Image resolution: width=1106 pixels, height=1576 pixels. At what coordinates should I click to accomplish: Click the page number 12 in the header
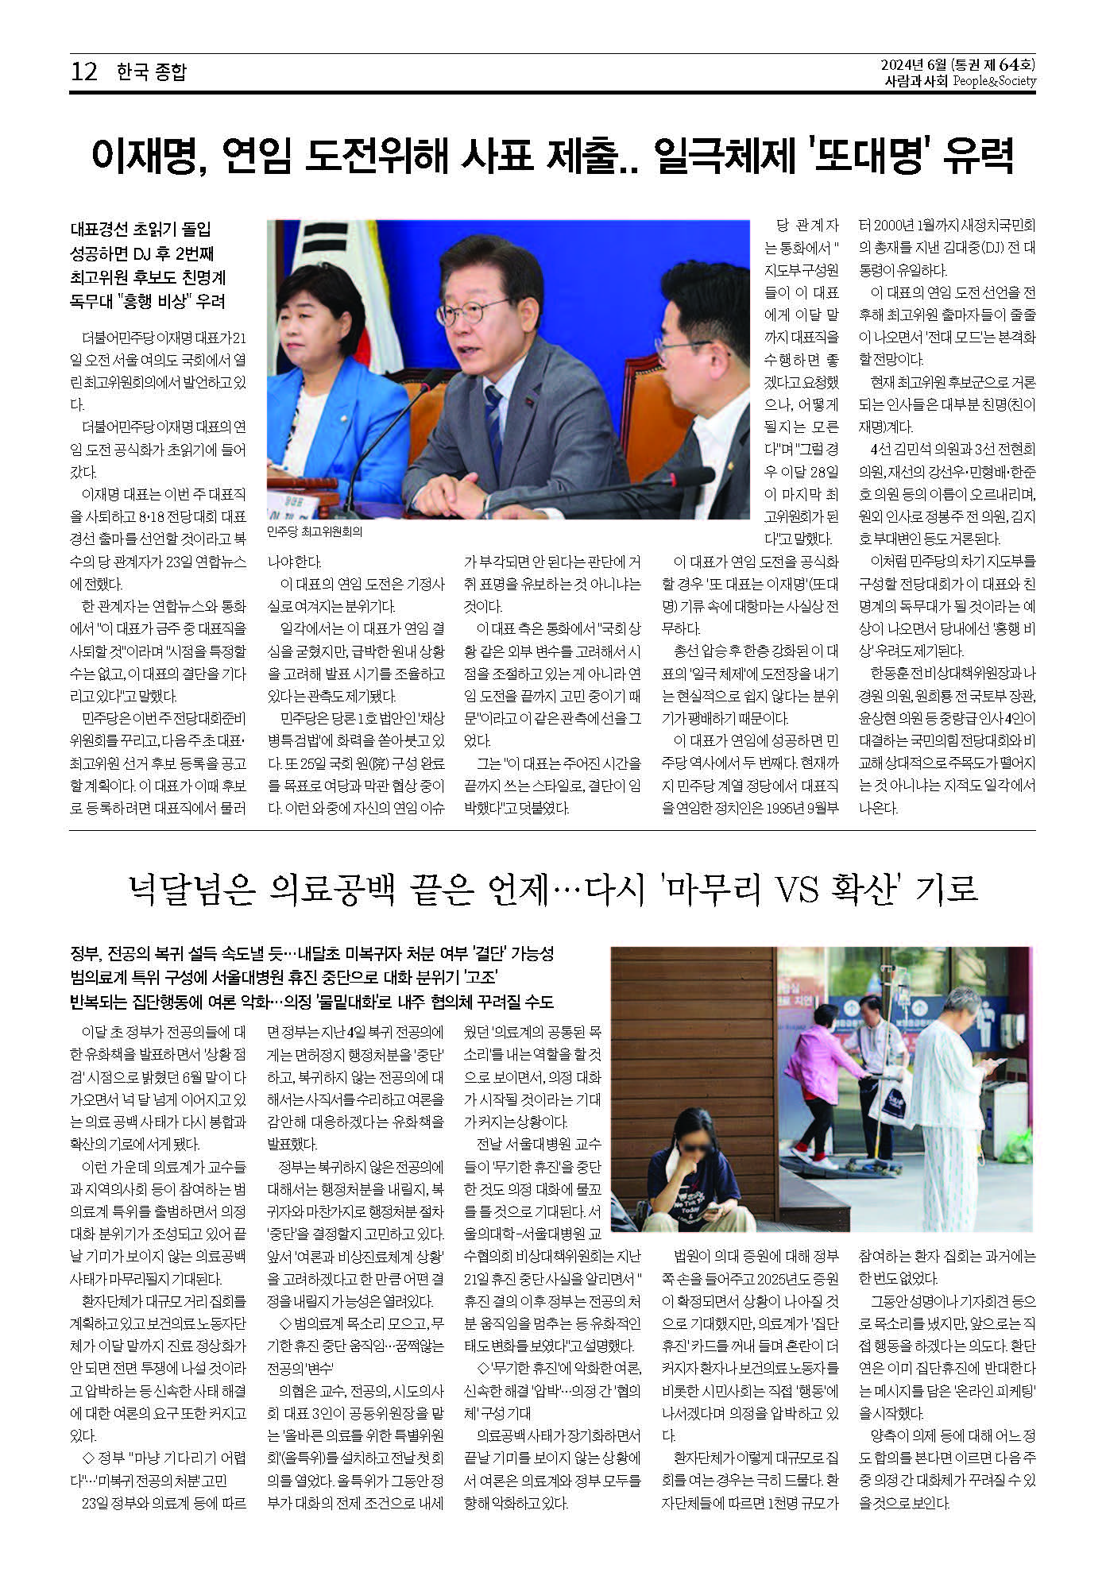click(84, 72)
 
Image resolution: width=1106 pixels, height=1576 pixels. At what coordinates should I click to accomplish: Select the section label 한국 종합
click(151, 72)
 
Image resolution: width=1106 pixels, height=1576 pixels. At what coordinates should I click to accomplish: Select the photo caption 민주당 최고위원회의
click(315, 532)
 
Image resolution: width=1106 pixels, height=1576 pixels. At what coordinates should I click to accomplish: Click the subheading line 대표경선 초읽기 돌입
click(141, 230)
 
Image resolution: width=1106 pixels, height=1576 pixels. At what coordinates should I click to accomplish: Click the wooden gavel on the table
click(291, 485)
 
